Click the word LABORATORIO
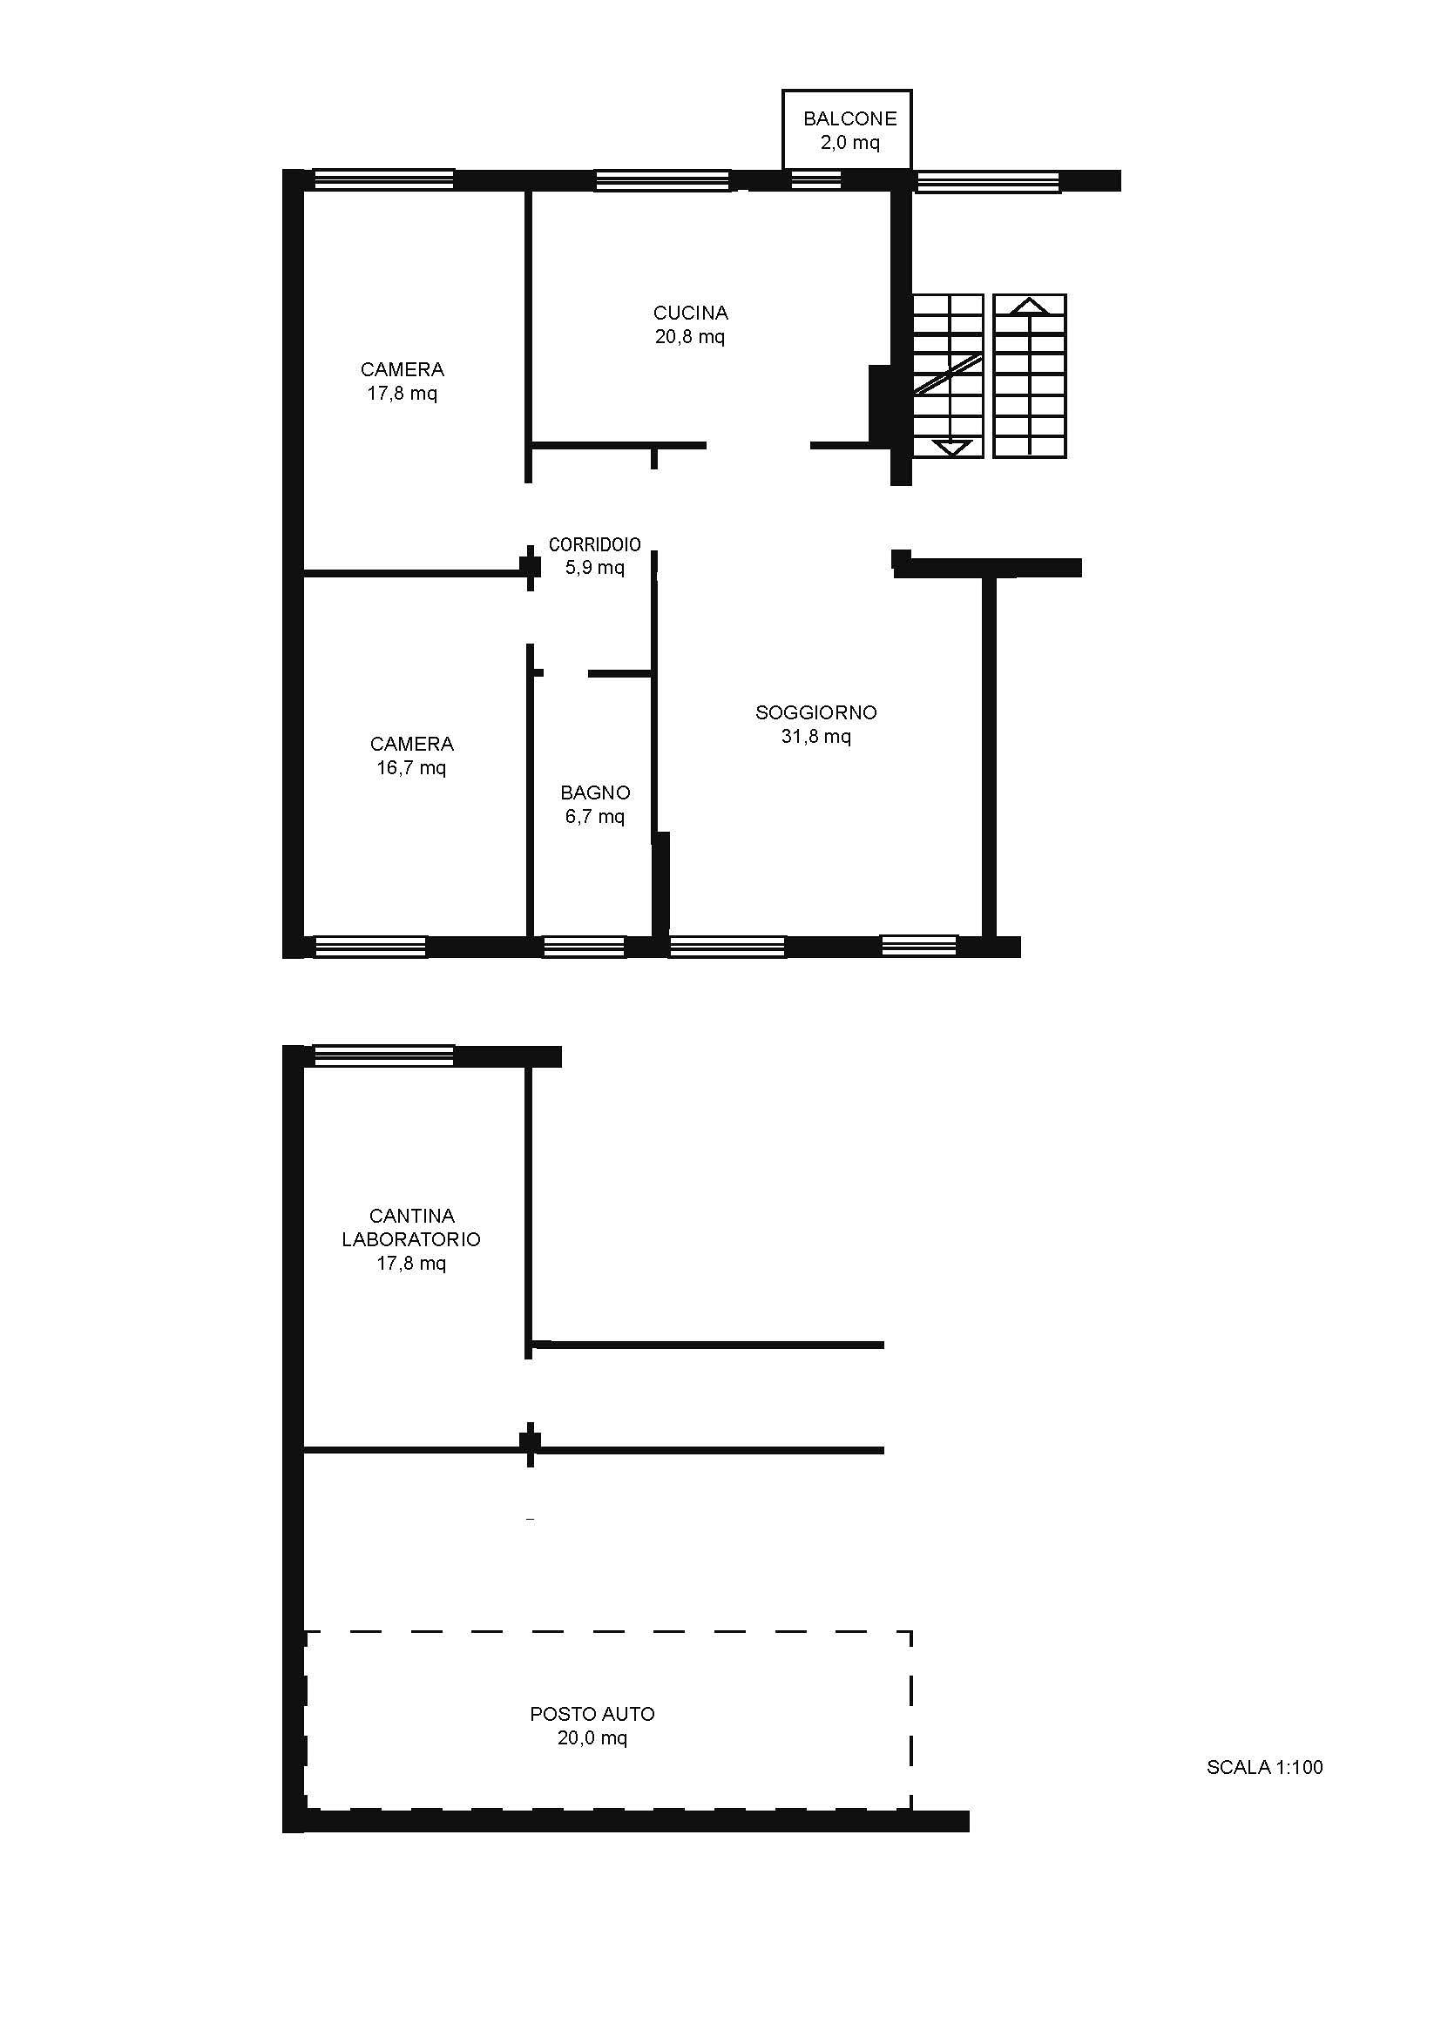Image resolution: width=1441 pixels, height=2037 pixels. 411,1238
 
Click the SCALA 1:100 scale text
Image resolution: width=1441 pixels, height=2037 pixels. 1264,1767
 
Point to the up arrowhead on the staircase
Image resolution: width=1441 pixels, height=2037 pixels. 1029,306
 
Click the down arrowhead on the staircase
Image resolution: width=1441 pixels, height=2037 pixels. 951,447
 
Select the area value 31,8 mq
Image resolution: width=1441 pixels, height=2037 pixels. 815,736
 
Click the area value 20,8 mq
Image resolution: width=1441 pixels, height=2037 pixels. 690,336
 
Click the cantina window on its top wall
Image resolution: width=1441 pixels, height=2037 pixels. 384,1056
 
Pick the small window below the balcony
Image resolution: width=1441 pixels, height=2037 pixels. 815,180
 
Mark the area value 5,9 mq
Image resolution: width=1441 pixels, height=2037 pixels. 594,567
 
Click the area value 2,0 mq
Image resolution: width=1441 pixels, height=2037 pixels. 850,142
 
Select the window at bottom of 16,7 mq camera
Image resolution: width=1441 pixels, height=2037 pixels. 370,947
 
